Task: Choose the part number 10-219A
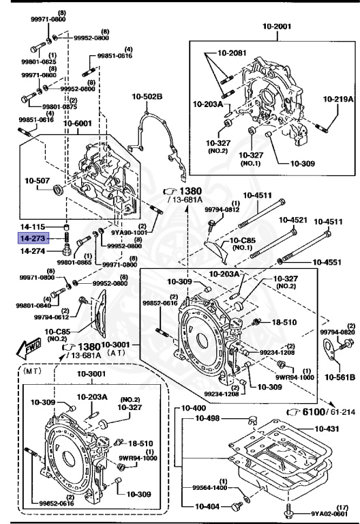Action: [x=338, y=99]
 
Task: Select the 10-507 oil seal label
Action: [x=37, y=181]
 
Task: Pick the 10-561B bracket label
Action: [x=340, y=376]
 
